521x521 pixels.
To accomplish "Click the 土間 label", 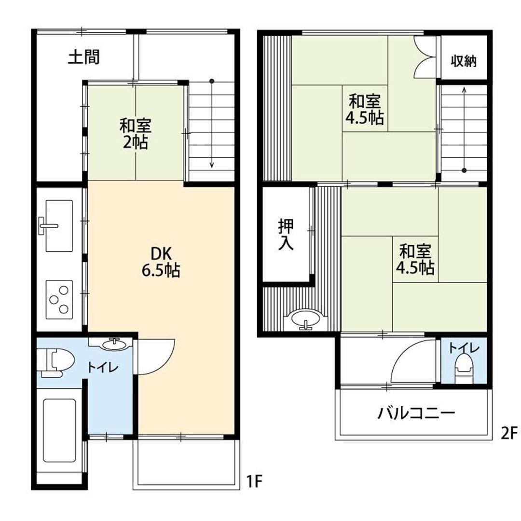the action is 84,57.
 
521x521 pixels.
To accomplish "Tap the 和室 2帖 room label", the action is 136,134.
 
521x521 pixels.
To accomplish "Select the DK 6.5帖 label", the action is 161,262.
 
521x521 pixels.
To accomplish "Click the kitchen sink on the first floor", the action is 58,226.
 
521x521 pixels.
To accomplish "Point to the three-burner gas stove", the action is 59,300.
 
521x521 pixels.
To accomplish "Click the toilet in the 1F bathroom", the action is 55,362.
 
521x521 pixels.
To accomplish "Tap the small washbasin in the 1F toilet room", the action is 115,344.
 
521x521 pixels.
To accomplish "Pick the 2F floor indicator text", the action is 509,433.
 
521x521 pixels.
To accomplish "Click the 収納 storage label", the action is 464,61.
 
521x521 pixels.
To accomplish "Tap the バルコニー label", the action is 416,413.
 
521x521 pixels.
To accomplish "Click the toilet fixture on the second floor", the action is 464,368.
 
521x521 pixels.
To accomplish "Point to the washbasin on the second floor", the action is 305,319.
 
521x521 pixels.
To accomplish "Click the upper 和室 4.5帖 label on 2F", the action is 365,110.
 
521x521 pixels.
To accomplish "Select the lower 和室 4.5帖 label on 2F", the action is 415,260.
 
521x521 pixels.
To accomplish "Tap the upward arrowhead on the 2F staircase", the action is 464,89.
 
